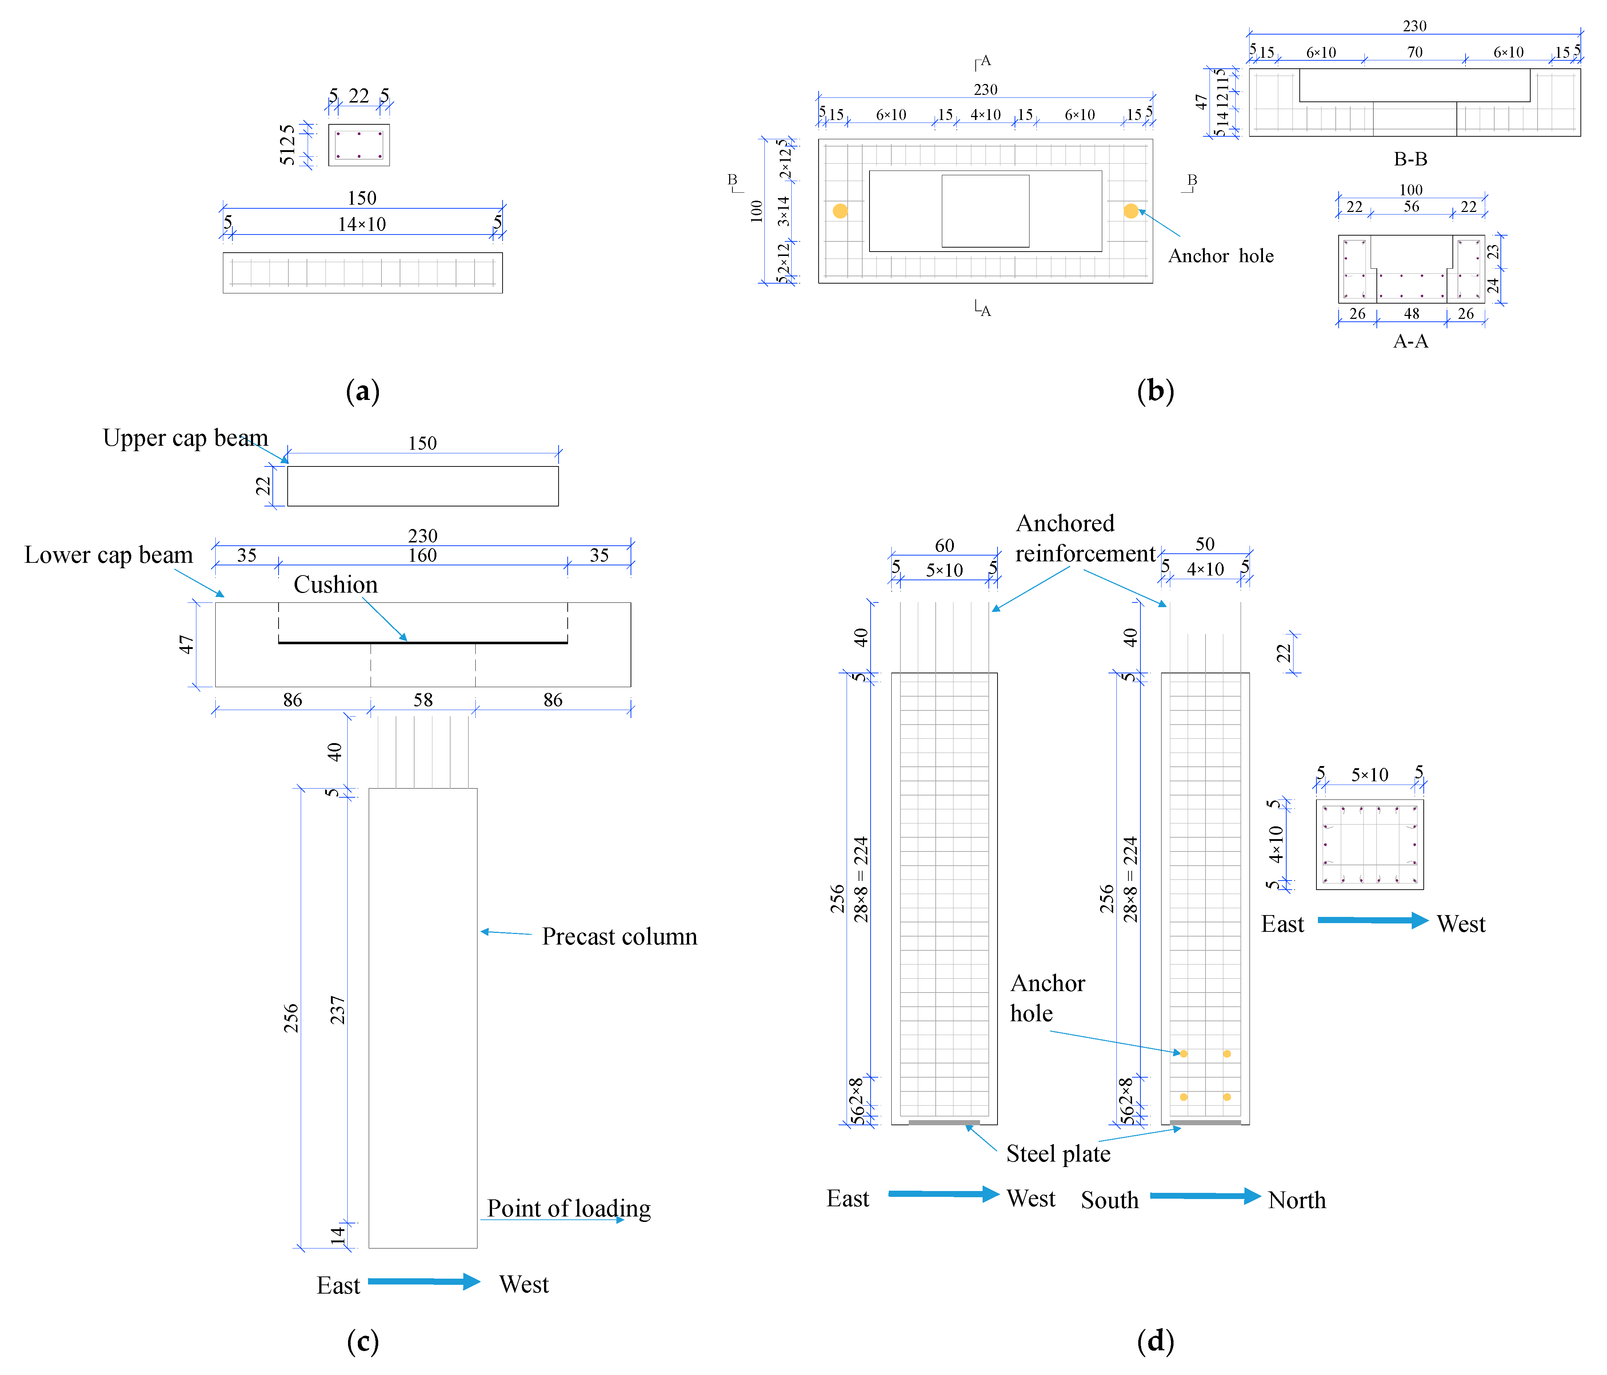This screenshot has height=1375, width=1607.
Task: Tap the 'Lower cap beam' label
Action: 109,555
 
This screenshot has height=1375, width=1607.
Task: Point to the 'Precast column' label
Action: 619,937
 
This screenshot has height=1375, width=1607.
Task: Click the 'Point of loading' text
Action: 568,1208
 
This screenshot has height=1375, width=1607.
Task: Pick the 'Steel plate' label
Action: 1058,1154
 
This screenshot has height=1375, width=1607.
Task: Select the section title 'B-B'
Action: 1410,159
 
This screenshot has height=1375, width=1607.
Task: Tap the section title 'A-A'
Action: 1410,341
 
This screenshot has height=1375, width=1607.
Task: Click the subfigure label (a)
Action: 362,391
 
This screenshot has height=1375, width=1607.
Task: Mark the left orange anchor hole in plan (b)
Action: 840,211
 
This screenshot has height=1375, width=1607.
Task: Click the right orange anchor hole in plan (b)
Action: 1131,211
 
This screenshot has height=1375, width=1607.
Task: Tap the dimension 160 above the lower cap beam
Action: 423,555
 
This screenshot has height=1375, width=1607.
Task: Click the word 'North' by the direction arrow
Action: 1297,1200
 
